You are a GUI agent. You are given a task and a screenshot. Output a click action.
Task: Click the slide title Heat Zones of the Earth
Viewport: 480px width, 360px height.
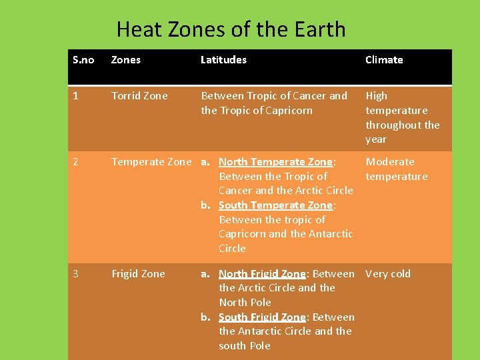coord(231,29)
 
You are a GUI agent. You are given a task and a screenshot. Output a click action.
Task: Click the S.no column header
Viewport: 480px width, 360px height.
coord(83,60)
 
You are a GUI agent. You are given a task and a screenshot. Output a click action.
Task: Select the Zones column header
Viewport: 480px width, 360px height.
coord(126,60)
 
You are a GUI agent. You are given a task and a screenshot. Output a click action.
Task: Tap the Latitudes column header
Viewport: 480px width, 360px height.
coord(223,60)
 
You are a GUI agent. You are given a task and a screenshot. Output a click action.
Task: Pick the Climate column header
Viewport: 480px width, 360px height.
coord(384,60)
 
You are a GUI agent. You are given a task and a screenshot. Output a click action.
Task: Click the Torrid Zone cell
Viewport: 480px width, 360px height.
coord(139,96)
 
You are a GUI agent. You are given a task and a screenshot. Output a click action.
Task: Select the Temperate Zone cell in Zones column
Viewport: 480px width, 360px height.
coord(151,162)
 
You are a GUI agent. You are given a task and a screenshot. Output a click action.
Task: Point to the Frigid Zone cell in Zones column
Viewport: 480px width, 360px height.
coord(138,274)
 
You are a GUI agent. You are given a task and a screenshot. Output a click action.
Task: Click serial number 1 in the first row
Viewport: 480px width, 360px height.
coord(75,96)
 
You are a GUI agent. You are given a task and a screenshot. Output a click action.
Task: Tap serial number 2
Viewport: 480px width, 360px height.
coord(76,162)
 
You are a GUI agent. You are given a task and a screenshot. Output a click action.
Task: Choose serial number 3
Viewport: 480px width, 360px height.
coord(76,274)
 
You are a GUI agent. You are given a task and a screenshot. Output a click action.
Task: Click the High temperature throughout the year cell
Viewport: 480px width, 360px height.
coord(402,117)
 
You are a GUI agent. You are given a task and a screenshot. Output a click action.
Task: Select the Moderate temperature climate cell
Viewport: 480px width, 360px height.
coord(397,169)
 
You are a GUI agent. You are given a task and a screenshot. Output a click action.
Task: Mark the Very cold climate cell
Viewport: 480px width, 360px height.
coord(388,274)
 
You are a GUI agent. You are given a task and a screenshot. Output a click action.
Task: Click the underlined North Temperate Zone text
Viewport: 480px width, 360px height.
coord(275,162)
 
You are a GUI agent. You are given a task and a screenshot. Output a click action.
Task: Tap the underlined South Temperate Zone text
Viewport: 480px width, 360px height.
coord(275,205)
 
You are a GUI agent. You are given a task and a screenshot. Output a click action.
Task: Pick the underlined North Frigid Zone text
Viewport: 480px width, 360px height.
coord(262,274)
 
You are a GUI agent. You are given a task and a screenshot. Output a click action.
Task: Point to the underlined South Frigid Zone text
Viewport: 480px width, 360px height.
coord(262,317)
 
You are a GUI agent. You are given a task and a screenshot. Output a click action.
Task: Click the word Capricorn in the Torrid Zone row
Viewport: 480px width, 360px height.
coord(285,111)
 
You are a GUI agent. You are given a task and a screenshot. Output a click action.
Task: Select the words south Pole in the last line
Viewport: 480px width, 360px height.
coord(245,346)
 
